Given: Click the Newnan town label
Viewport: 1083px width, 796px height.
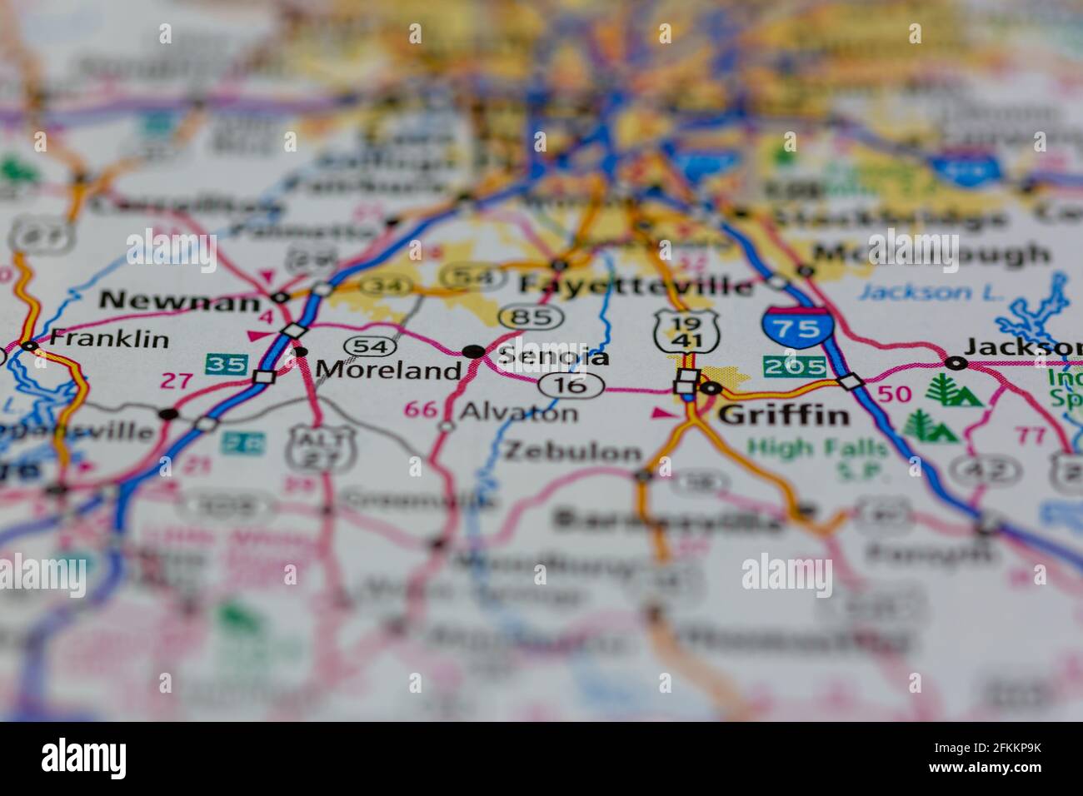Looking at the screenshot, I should coord(179,301).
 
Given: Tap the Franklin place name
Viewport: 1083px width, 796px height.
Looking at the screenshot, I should coord(109,339).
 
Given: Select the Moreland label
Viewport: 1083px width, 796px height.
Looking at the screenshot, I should coord(388,369).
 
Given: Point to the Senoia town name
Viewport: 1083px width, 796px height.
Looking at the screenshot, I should coord(553,356).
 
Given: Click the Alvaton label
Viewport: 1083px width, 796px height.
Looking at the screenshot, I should coord(518,411).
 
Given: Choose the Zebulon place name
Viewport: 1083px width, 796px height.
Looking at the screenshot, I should coord(574,452).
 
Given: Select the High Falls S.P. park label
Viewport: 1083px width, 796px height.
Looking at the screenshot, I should coord(818,459).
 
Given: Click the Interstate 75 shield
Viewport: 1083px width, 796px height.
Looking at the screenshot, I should coord(796,327).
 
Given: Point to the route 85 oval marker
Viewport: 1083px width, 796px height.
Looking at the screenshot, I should coord(531,317).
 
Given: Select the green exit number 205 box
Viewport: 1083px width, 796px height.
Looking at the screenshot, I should coord(794,366).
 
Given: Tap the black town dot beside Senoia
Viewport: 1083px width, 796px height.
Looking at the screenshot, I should coord(474,352).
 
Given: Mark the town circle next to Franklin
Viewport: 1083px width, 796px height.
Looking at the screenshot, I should coord(31,346).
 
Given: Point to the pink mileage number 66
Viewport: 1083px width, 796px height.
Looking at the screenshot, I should coord(420,409).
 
